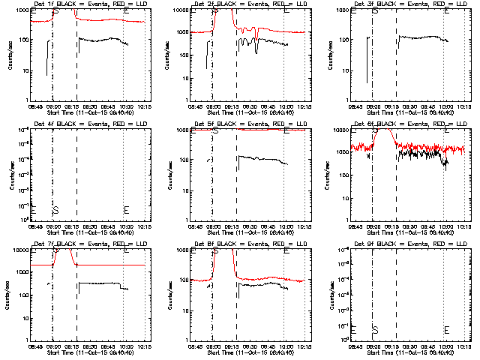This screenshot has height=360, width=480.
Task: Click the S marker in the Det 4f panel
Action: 55,210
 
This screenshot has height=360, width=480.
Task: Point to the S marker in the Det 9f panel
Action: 375,330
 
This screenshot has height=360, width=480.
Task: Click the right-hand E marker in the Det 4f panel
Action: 126,210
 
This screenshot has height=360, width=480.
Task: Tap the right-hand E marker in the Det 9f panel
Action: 446,330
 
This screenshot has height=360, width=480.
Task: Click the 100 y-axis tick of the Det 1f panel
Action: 24,40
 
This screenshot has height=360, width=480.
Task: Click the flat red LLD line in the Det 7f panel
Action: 112,265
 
